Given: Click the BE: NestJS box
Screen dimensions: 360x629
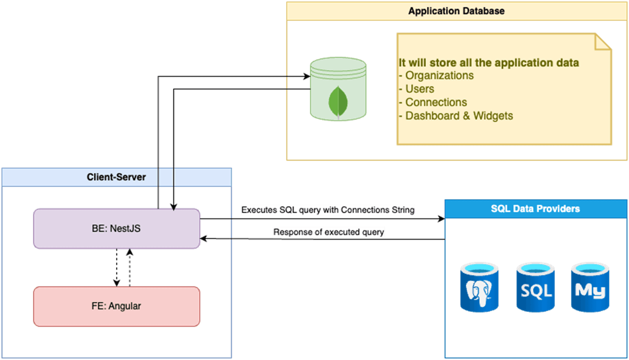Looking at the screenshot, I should pos(116,228).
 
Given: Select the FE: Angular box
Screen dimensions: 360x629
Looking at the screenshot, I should pos(116,306).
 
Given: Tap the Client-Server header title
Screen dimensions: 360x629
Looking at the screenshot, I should pos(116,177).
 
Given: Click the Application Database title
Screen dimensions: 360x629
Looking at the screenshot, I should pos(456,11).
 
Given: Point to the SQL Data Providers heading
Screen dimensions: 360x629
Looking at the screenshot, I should pos(535,209).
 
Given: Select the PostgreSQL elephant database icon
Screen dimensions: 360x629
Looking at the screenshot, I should pos(479,287).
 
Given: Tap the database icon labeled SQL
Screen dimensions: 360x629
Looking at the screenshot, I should pos(535,287).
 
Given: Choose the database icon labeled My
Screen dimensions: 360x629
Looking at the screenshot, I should pos(590,287).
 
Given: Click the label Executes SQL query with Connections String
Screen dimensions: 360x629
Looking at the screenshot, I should pos(328,210).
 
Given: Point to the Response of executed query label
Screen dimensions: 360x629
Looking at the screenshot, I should pos(329,232).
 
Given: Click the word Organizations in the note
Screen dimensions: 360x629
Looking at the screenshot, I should pos(439,75).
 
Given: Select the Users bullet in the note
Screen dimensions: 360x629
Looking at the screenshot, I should pos(419,89).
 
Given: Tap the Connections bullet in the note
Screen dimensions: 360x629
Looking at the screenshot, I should pos(436,102).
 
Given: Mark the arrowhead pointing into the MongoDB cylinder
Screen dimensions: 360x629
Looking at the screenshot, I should pos(307,76).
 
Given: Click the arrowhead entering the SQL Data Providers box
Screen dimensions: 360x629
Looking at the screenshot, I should pos(441,219).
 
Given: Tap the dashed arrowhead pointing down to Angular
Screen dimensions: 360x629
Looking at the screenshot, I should pos(116,282).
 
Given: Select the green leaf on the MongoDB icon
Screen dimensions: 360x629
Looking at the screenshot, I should pos(338,102).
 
